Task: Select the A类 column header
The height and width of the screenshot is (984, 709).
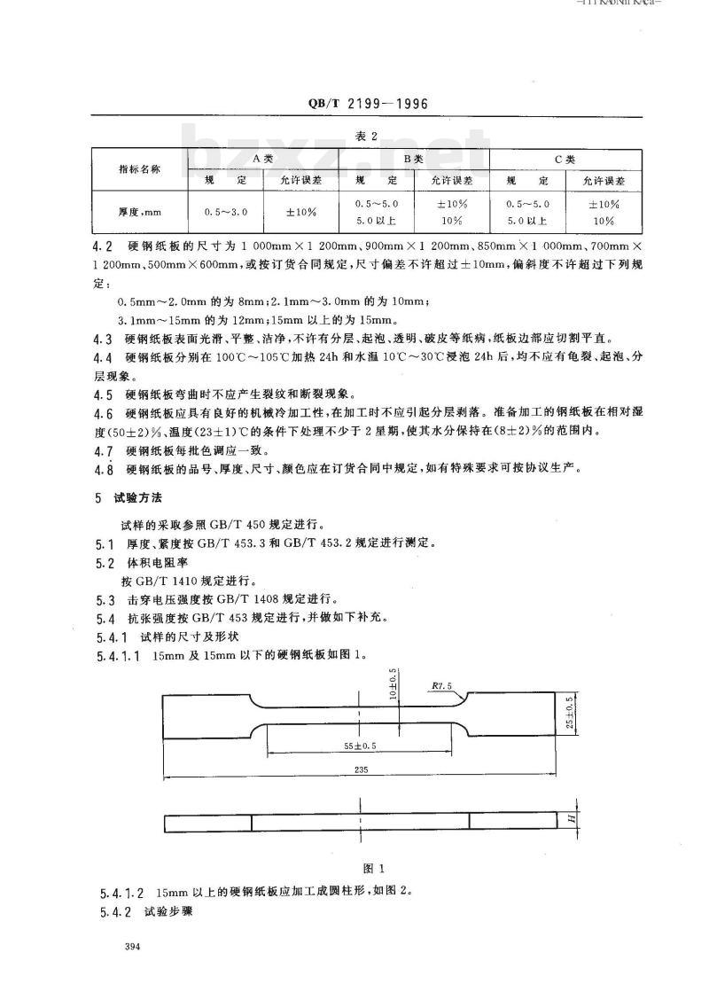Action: coord(263,158)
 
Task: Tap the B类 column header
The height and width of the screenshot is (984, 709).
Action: coord(414,158)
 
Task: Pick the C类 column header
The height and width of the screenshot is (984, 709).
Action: coord(565,158)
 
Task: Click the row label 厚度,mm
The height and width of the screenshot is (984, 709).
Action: coord(140,213)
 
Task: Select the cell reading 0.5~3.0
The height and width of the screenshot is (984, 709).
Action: coord(226,213)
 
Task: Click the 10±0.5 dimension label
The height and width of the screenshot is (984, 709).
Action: coord(392,685)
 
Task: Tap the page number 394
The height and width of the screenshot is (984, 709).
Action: coord(135,949)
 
